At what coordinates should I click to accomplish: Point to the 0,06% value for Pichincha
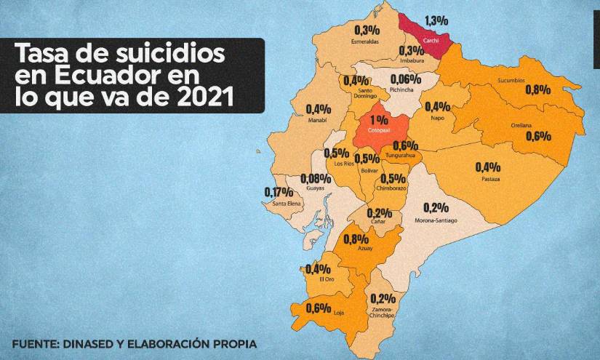[x=407, y=79]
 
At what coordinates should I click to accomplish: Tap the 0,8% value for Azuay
[x=356, y=239]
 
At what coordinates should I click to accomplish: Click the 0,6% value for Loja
[x=319, y=307]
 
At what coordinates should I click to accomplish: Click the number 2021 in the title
[x=202, y=98]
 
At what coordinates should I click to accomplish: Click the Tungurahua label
[x=401, y=156]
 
